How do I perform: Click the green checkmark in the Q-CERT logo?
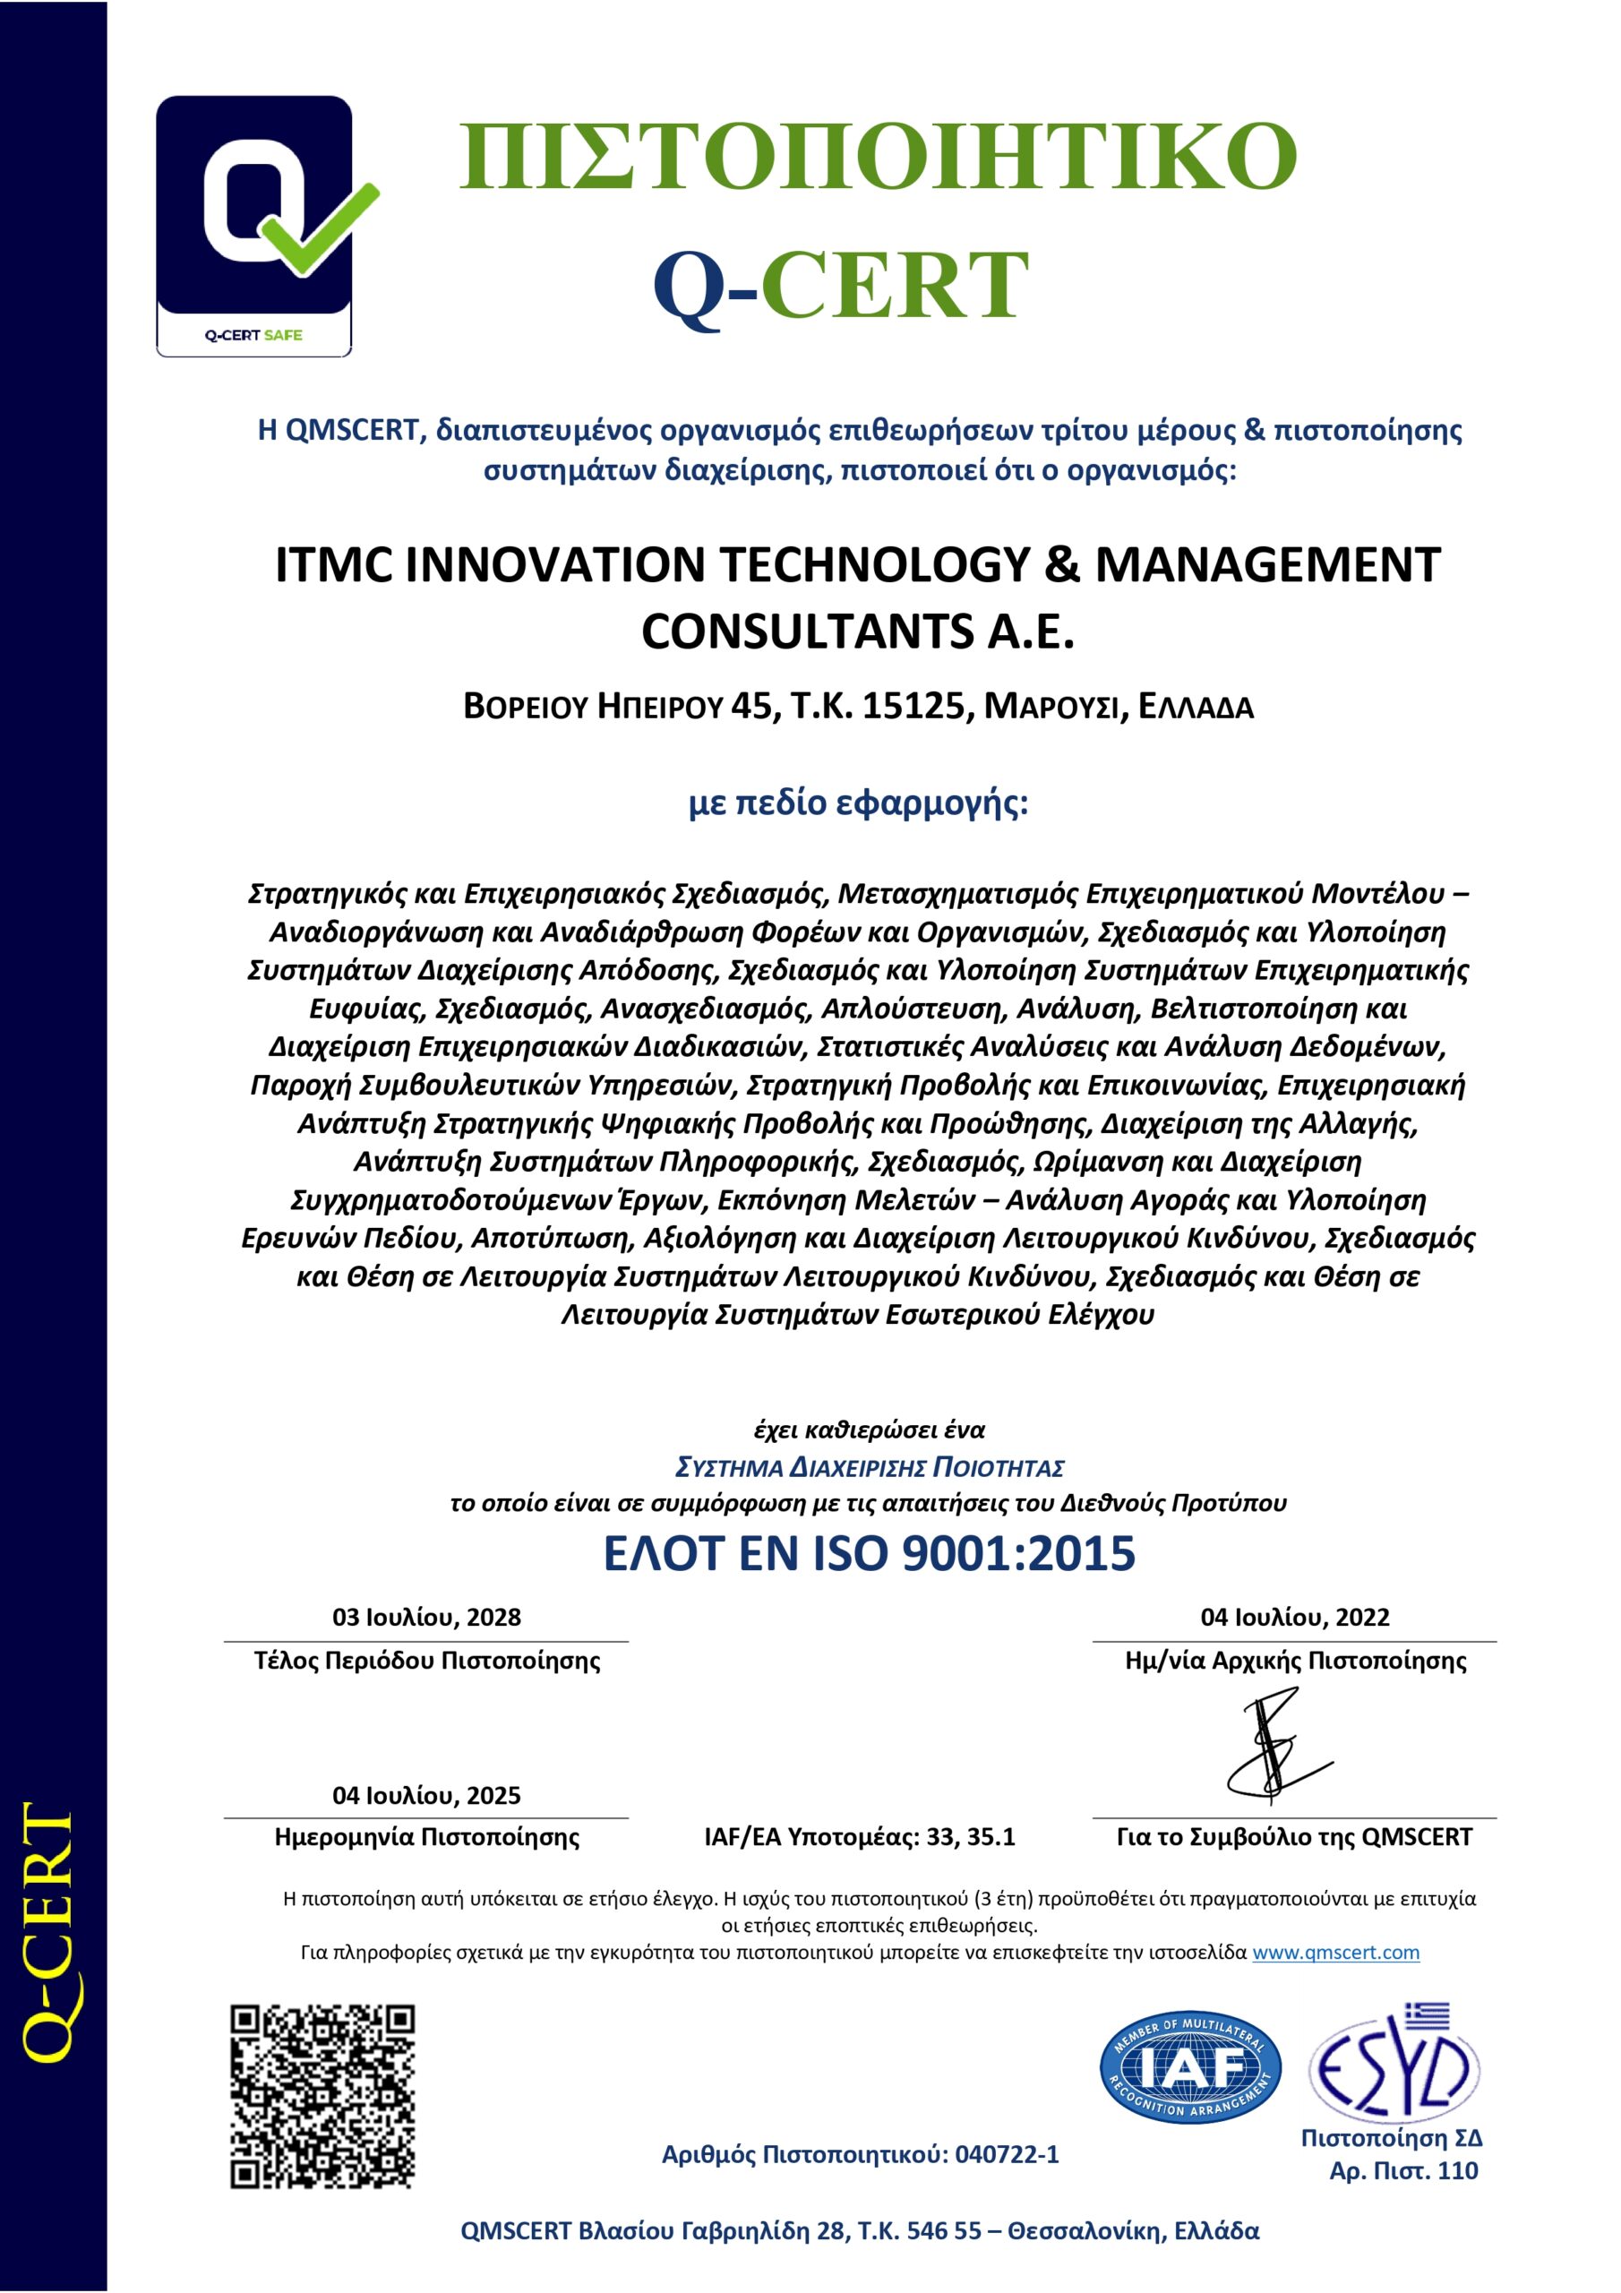pos(318,232)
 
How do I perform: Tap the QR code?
pos(322,2095)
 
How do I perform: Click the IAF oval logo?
pos(1191,2067)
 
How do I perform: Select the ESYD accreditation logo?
pos(1394,2067)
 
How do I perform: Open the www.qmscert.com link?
pos(1335,1953)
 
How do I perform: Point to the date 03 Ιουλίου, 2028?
pos(426,1617)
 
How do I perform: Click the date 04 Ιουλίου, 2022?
pos(1294,1617)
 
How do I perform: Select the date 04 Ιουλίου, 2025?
pos(426,1795)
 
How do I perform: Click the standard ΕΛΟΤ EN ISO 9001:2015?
pos(869,1554)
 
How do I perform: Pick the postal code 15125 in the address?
pos(917,706)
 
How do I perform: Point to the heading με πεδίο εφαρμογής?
pos(858,802)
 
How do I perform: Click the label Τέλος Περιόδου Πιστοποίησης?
pos(426,1661)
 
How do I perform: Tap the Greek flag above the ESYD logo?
pos(1428,2014)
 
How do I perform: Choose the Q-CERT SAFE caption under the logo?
pos(253,336)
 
